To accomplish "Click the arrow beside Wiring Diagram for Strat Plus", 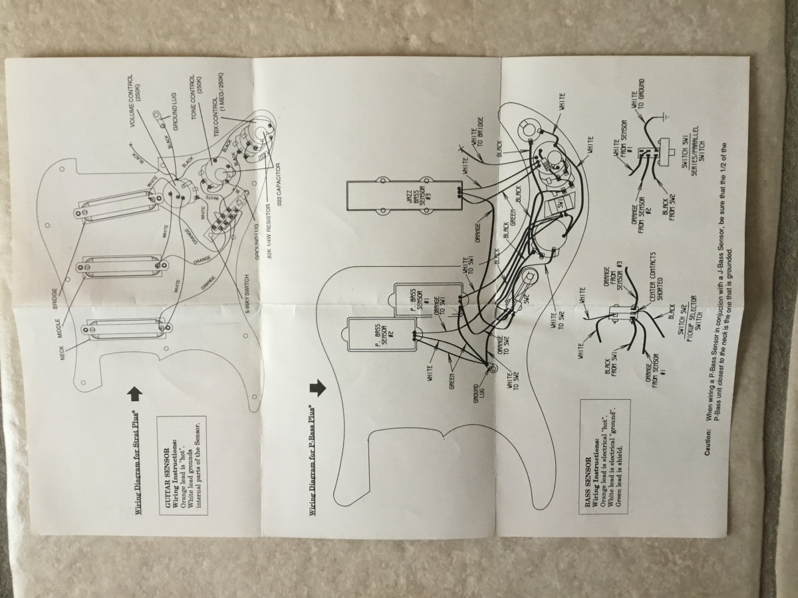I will (135, 394).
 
